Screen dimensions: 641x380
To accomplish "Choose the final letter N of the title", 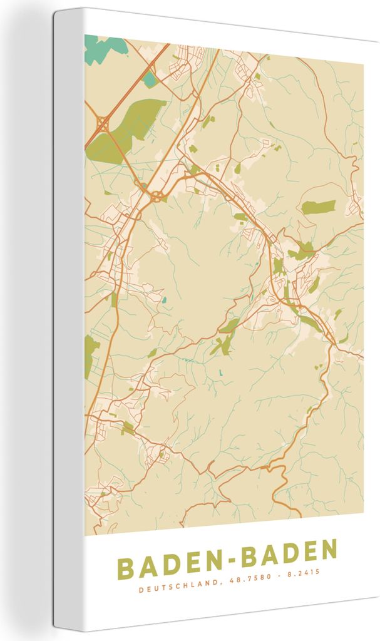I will pos(327,551).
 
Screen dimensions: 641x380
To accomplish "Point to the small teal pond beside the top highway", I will pos(149,79).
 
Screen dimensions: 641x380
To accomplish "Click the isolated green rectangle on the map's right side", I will pos(318,207).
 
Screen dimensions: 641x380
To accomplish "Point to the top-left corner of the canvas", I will pos(55,11).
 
